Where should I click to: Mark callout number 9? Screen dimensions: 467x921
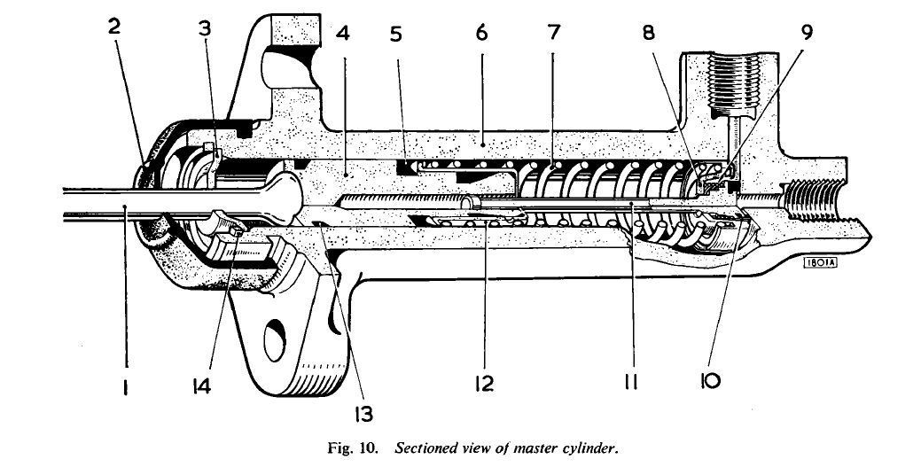[x=806, y=33]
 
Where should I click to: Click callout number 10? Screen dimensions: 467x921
[x=710, y=382]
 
